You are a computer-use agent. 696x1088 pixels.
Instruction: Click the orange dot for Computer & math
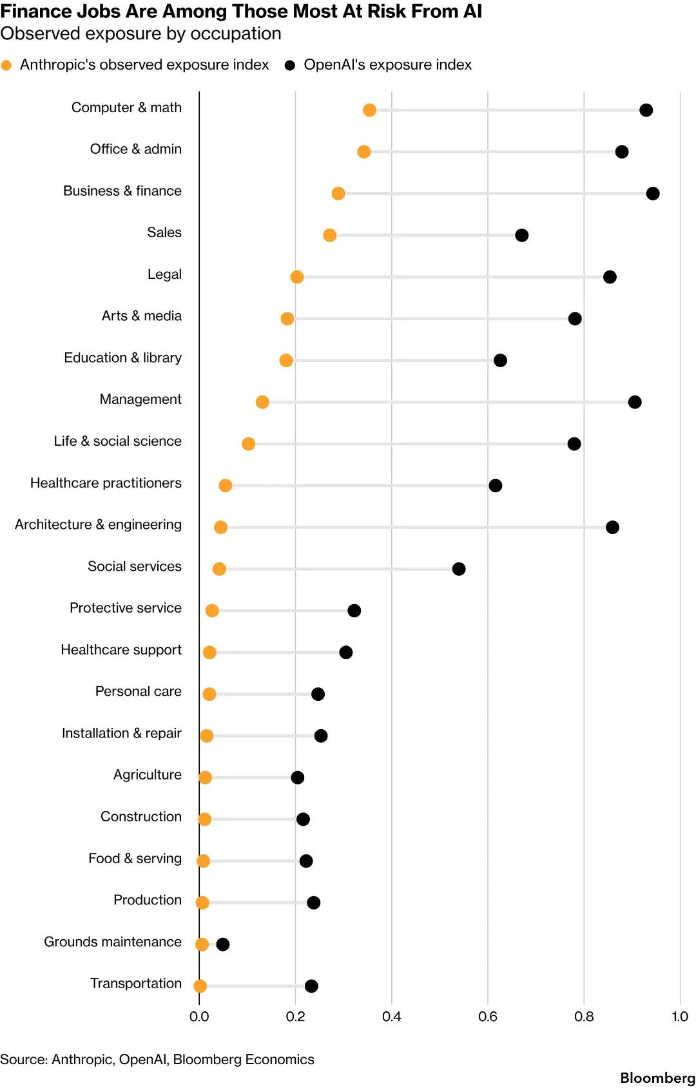[x=369, y=110]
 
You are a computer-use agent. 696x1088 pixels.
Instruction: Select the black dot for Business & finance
[x=653, y=193]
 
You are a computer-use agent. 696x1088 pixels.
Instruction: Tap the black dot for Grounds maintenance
[x=222, y=944]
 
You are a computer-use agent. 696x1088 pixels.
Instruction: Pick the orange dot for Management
[x=262, y=402]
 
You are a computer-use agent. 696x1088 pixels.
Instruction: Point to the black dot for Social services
[x=459, y=569]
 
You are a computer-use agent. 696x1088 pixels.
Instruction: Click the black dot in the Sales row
[x=521, y=235]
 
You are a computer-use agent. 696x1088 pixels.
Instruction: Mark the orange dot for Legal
[x=297, y=277]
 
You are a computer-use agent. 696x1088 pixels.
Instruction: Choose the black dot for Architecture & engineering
[x=612, y=527]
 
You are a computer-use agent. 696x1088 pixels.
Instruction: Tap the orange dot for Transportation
[x=200, y=986]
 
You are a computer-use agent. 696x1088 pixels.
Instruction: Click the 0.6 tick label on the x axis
[x=487, y=1016]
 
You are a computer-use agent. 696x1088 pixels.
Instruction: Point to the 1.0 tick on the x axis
[x=679, y=1016]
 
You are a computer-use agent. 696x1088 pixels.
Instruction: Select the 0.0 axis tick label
[x=198, y=1016]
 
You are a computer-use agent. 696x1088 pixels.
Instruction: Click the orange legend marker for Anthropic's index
[x=6, y=65]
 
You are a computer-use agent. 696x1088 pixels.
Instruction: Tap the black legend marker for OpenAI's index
[x=289, y=65]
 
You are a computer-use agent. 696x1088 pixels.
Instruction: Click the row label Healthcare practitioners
[x=106, y=482]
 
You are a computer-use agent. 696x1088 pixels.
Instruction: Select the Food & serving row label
[x=135, y=858]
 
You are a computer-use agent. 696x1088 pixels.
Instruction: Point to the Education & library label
[x=123, y=358]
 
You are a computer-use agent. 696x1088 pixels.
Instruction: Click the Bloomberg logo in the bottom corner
[x=657, y=1078]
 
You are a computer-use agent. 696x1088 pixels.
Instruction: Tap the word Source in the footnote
[x=23, y=1060]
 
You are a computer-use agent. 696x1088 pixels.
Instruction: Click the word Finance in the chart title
[x=30, y=11]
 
